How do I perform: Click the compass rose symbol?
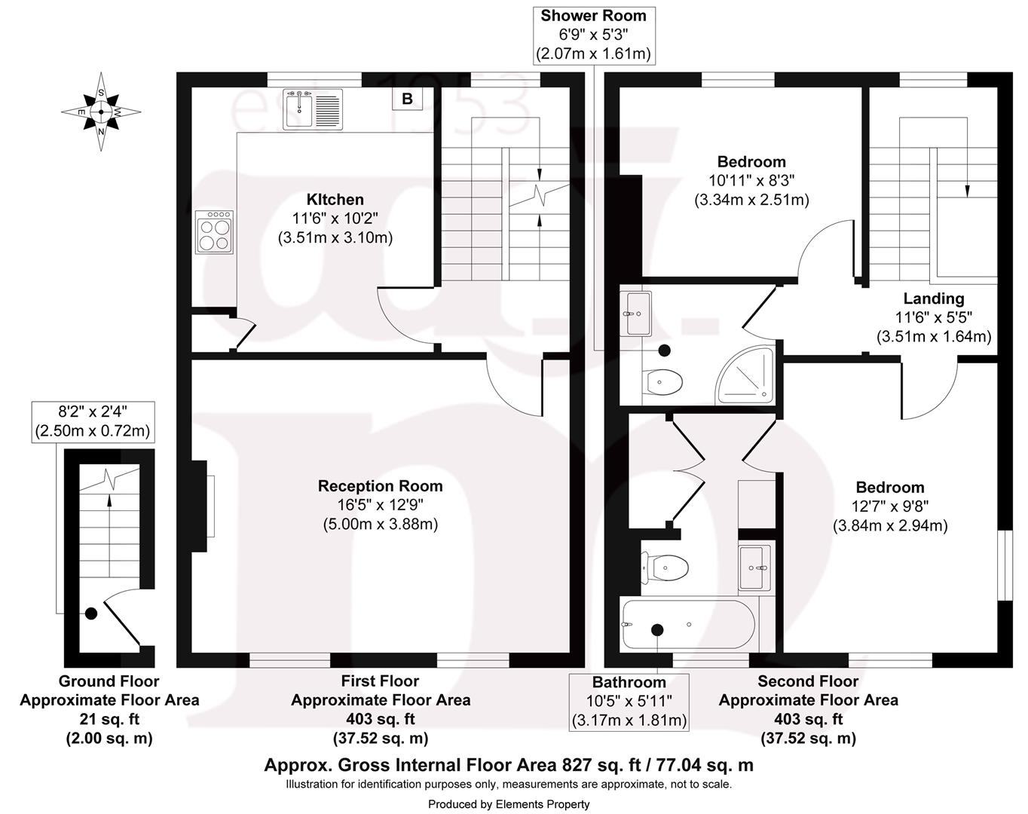pos(101,112)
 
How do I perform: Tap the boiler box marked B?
pos(407,99)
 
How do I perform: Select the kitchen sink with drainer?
pos(313,109)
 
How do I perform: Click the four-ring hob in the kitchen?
pos(213,231)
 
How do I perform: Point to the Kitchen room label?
pos(335,200)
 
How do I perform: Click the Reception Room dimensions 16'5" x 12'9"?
pos(380,505)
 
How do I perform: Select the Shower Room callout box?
pos(593,35)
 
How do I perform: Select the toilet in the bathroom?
pos(664,567)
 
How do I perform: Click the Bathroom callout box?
pos(629,702)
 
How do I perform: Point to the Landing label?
pos(933,298)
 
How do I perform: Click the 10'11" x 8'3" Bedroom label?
pos(751,181)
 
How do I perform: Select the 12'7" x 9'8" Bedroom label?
pos(889,506)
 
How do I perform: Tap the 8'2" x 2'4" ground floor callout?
pos(93,421)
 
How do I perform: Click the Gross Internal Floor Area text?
pos(508,765)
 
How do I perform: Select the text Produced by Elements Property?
pos(509,804)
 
